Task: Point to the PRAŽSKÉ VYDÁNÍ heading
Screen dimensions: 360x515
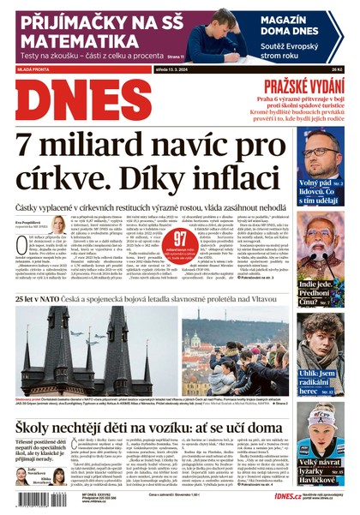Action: pos(303,85)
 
